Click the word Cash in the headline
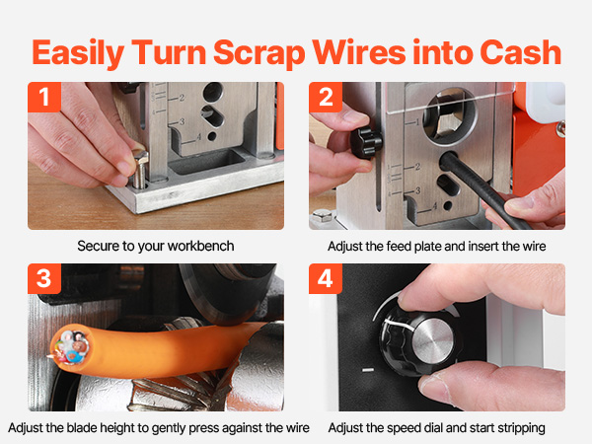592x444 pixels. [x=521, y=53]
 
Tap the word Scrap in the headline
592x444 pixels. [x=259, y=54]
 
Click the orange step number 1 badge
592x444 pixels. [x=44, y=97]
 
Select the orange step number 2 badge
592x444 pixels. [x=326, y=97]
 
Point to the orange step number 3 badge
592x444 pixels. [x=44, y=278]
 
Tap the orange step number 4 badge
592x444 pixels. [x=326, y=278]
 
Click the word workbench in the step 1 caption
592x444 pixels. [x=200, y=246]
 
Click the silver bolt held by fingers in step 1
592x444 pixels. [x=140, y=169]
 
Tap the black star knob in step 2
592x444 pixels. [x=366, y=143]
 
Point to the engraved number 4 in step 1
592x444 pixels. [x=199, y=136]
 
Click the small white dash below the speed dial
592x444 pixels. [x=368, y=370]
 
